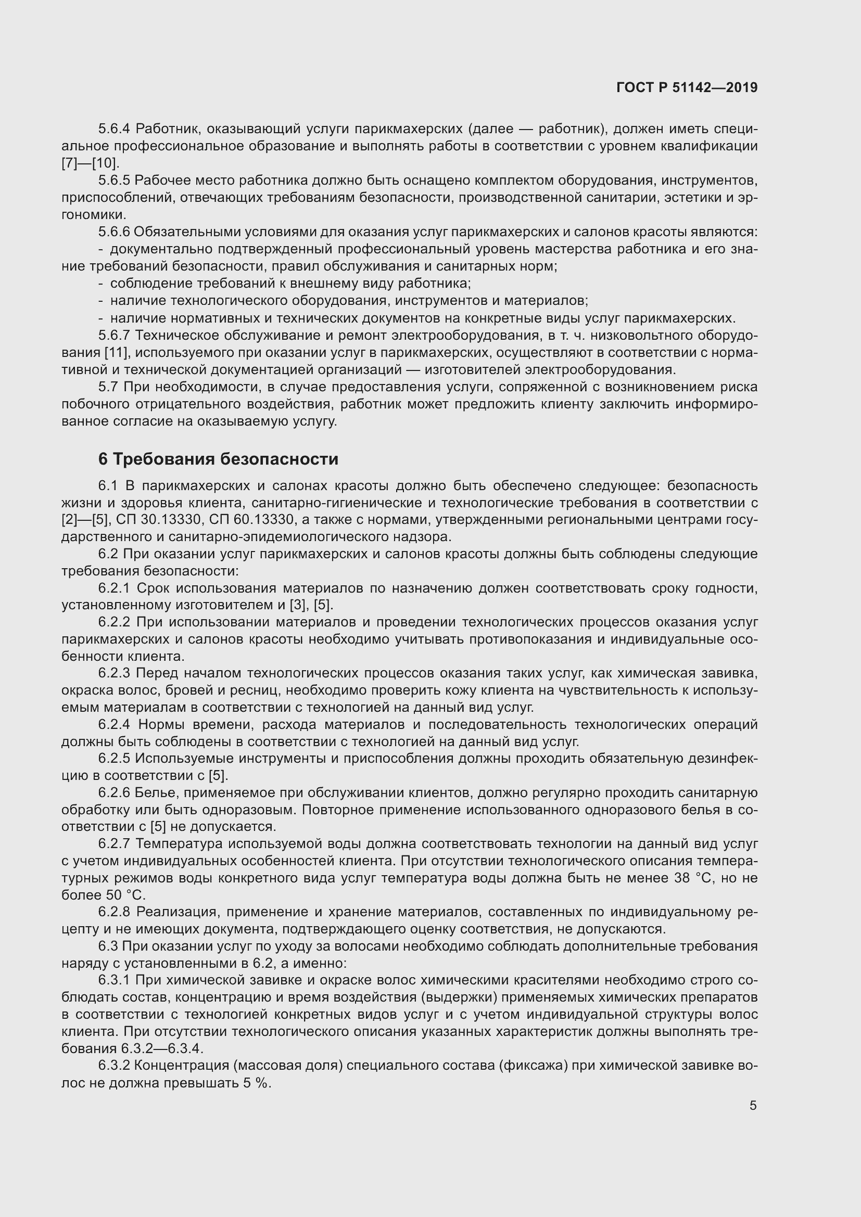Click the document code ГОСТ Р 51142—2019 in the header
(x=687, y=87)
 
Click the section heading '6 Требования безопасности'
(x=218, y=459)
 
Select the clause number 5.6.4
(x=114, y=129)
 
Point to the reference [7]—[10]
(x=90, y=163)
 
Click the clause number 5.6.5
(x=114, y=181)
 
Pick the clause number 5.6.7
(x=114, y=336)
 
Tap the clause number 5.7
(x=109, y=388)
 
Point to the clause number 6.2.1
(x=114, y=588)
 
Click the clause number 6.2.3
(x=114, y=674)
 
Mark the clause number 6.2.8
(x=114, y=912)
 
